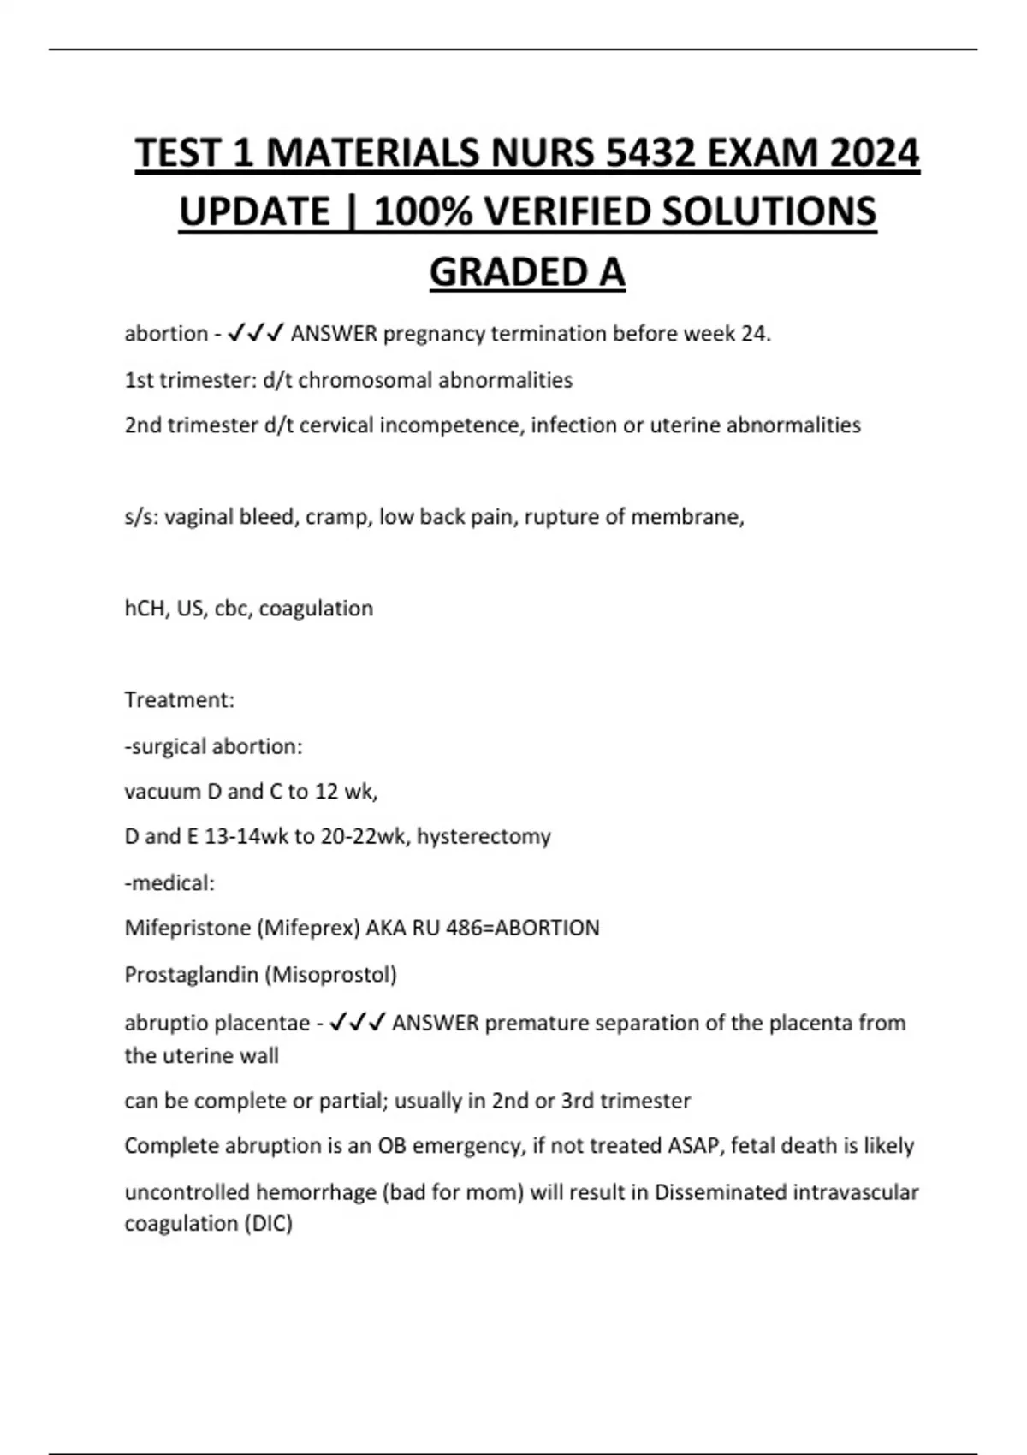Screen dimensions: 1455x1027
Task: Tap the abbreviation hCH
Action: coord(145,609)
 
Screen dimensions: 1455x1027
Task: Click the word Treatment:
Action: coord(179,700)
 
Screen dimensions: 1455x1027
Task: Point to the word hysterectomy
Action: coord(484,836)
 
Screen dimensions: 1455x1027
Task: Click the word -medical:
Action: coord(169,883)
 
